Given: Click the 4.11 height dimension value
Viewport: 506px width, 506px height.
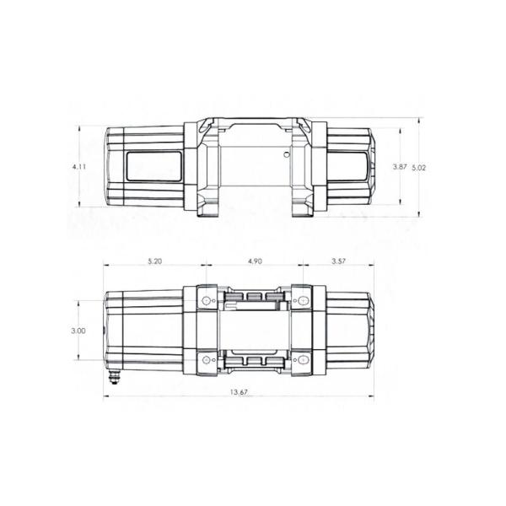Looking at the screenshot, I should tap(79, 168).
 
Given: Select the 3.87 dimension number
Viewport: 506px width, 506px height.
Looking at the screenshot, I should tap(400, 168).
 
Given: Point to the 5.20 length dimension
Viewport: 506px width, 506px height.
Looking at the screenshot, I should tap(153, 262).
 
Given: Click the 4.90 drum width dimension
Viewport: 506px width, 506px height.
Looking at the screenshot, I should tap(255, 262).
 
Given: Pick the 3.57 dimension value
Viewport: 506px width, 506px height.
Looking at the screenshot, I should tap(339, 262).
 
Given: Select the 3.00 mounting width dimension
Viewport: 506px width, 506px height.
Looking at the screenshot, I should tap(78, 331).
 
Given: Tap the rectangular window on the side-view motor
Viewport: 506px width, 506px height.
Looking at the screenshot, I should tap(153, 165).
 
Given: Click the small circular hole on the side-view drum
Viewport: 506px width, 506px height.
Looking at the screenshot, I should tap(288, 155).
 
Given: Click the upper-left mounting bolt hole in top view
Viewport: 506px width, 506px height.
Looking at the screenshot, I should tap(207, 301).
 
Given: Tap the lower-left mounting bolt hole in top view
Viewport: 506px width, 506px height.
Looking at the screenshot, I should tap(207, 362).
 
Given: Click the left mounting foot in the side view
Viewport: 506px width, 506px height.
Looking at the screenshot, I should tap(206, 209).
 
